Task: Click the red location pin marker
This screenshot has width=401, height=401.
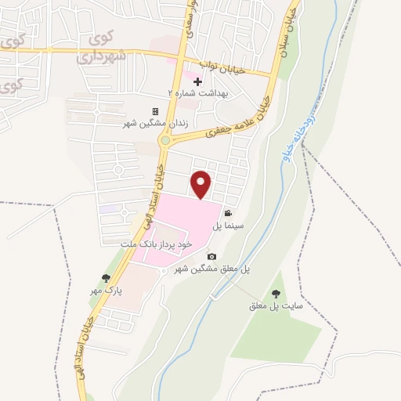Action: (x=202, y=183)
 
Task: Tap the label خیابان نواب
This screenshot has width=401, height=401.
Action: (x=225, y=69)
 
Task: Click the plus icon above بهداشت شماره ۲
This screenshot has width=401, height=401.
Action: (x=197, y=81)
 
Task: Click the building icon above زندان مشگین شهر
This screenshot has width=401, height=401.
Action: (x=155, y=112)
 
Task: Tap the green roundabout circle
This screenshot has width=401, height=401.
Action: (x=165, y=140)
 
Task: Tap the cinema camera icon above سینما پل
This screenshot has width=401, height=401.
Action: (x=227, y=213)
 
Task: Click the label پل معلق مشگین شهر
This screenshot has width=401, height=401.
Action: (x=212, y=269)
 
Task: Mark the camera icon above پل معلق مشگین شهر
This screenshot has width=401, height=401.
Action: (x=211, y=256)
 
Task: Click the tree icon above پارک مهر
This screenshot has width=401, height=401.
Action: (x=107, y=278)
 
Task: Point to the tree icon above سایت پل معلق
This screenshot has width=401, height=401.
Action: (x=275, y=294)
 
